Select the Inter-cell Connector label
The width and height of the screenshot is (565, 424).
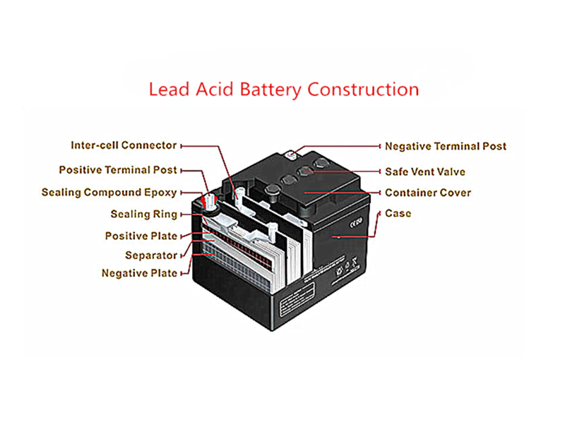coord(124,145)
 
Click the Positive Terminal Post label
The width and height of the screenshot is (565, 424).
coord(118,170)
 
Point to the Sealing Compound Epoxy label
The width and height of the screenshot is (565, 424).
coord(109,192)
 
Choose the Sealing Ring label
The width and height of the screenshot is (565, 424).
coord(140,214)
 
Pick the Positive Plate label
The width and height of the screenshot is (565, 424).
coord(141,236)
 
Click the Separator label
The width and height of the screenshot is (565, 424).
coord(151,255)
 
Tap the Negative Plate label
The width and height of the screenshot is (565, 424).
coord(139,273)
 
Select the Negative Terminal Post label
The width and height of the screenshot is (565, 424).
coord(446,147)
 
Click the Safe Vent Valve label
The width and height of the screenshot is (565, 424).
coord(425,171)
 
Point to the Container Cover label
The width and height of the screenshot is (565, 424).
coord(428,193)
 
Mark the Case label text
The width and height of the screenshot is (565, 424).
coord(398,213)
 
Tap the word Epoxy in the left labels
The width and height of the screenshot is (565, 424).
coord(160,193)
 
